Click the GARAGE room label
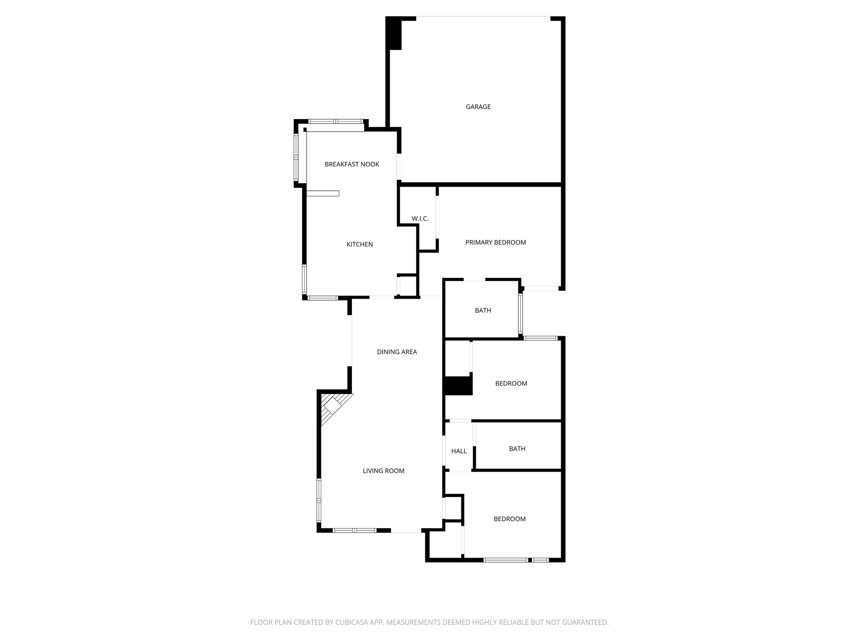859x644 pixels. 478,107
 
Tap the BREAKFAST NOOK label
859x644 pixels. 351,164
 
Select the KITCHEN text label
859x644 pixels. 359,244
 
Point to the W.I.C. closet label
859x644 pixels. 420,219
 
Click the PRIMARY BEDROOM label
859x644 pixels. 495,242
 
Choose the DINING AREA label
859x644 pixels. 397,352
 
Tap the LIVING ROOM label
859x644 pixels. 383,471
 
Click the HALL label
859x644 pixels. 459,451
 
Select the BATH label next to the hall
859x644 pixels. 517,449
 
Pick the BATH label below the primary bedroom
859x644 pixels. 483,311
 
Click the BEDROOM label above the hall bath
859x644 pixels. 511,384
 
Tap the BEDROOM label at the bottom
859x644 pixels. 509,519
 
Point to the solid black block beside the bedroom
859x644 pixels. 458,386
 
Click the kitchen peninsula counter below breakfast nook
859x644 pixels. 323,193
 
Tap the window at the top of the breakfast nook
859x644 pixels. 336,121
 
